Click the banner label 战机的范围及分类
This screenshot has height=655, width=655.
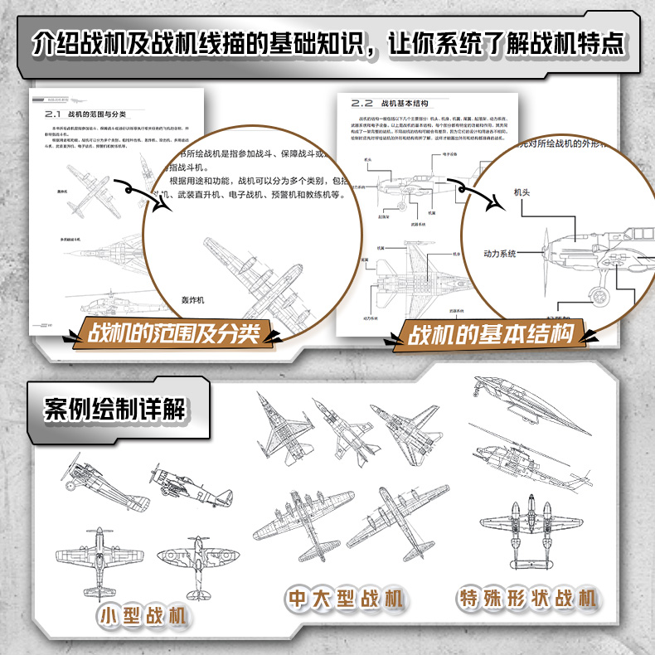174,333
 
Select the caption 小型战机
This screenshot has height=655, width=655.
143,618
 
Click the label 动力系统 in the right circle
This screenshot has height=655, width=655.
500,253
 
